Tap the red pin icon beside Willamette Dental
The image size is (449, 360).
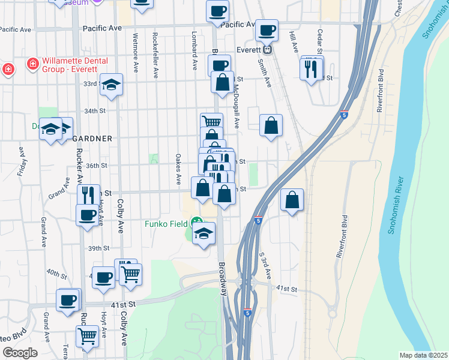[x=32, y=63]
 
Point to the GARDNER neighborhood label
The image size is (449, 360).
[x=92, y=138]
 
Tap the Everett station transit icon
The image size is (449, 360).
[x=268, y=50]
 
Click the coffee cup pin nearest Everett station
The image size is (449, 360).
[x=267, y=29]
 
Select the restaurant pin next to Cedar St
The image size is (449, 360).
[x=311, y=69]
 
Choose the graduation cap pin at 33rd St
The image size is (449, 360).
[x=112, y=84]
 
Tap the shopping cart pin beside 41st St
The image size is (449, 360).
[x=130, y=274]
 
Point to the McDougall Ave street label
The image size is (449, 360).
[x=237, y=106]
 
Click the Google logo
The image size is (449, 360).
[x=20, y=353]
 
